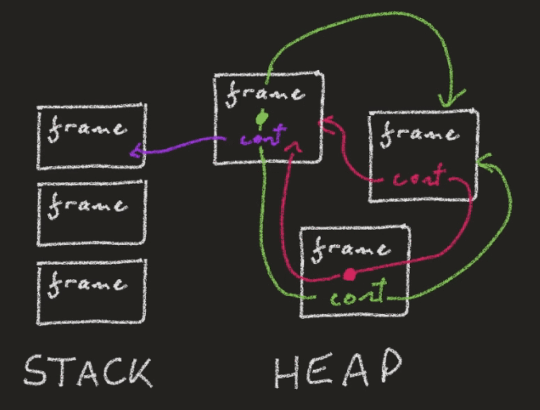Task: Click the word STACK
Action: click(88, 371)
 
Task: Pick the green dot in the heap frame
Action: click(262, 118)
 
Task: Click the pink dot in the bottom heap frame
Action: click(349, 275)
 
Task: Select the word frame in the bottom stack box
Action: click(87, 284)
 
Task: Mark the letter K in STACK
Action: click(139, 372)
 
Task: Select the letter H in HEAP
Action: click(286, 372)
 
